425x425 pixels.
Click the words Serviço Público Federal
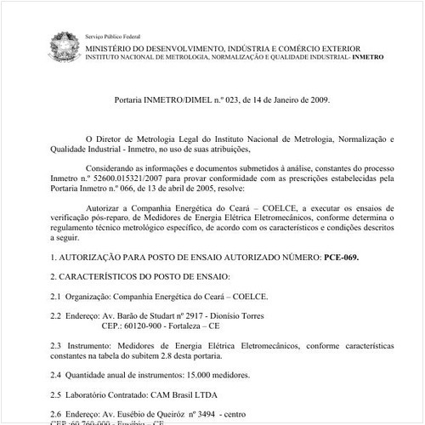(x=113, y=37)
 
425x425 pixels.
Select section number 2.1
(x=56, y=296)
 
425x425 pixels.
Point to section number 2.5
(x=56, y=394)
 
